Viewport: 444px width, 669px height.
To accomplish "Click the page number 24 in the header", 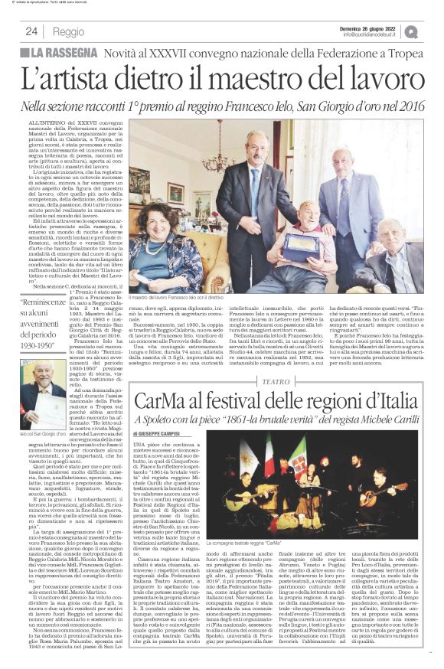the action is [31, 31].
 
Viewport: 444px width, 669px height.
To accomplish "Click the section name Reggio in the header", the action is [69, 31].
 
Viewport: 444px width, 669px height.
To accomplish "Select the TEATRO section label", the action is [276, 380].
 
